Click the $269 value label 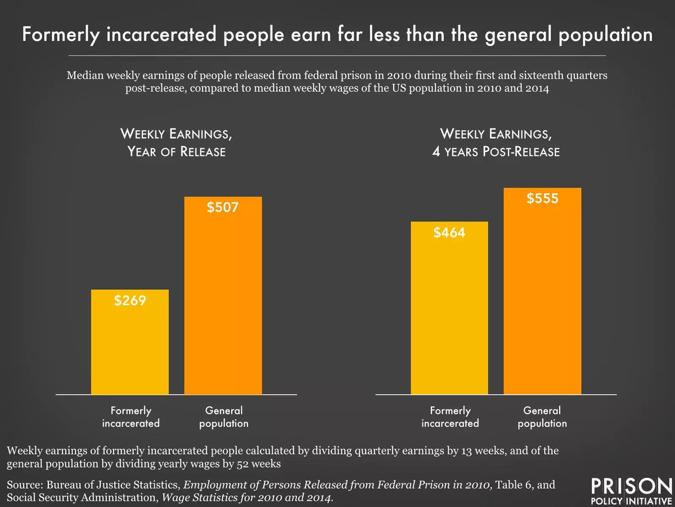point(130,300)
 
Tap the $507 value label point(223,208)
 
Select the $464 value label point(449,232)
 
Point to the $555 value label point(542,199)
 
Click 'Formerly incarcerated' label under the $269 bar point(130,417)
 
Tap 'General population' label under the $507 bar point(223,417)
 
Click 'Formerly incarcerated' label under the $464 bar point(450,417)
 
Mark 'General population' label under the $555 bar point(542,417)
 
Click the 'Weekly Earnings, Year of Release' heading point(177,143)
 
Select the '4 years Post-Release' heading point(500,152)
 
